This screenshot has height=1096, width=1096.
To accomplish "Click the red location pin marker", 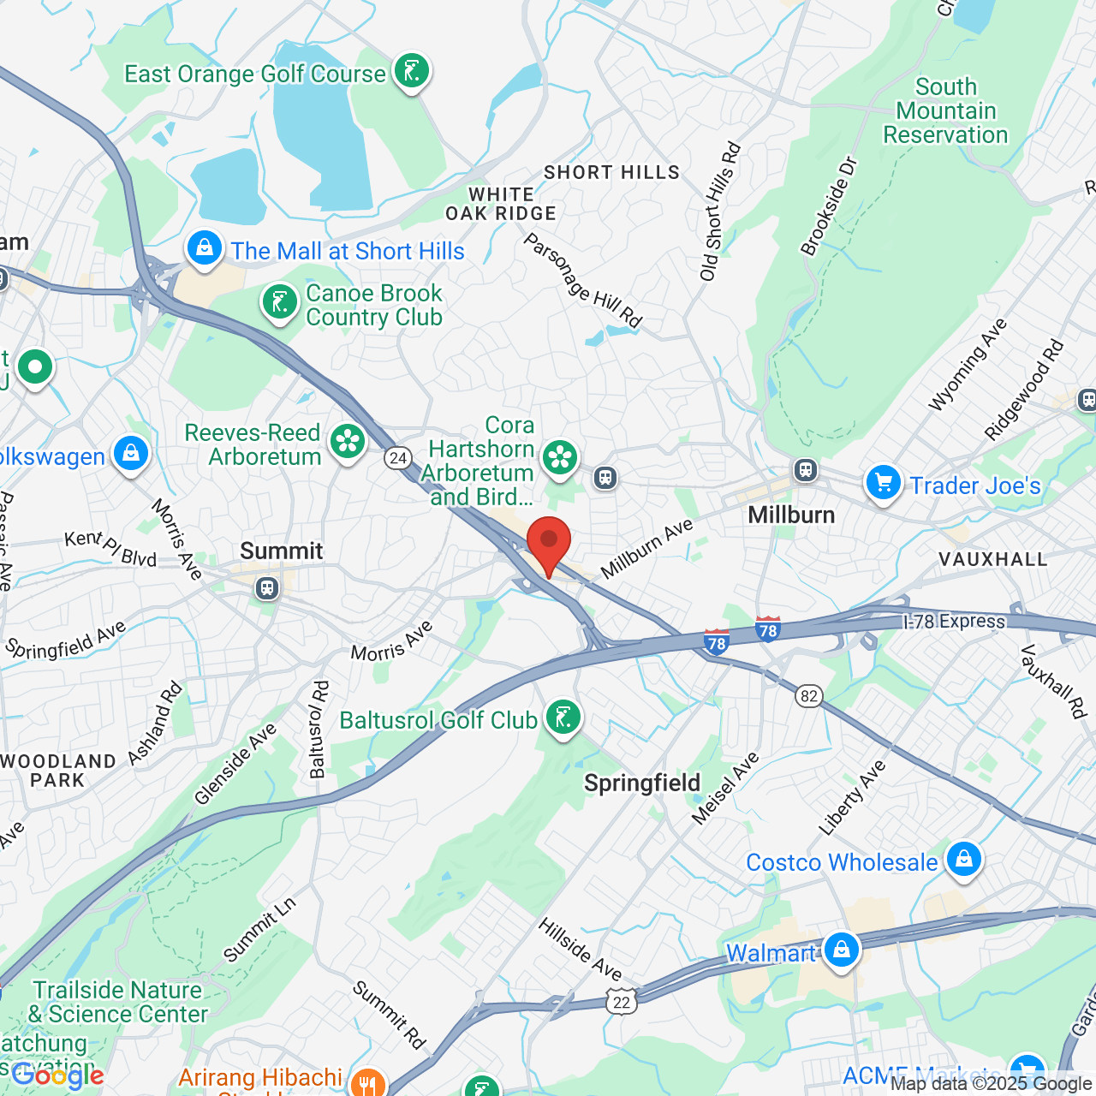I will (549, 543).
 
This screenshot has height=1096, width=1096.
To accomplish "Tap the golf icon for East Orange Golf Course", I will (412, 72).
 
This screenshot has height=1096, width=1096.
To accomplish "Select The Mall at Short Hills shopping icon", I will (205, 249).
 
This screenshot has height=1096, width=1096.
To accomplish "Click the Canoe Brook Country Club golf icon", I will (280, 302).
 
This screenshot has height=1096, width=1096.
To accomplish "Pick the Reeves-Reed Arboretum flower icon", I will (348, 442).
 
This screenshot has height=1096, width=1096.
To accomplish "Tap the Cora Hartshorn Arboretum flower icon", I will (560, 457).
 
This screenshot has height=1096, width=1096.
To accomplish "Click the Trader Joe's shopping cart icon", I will (883, 483).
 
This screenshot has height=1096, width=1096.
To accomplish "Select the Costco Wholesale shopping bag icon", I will (964, 859).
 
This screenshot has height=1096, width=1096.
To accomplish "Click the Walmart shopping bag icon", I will (842, 950).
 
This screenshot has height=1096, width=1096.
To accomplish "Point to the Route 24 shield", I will (397, 458).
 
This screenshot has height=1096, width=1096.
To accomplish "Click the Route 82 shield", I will (809, 695).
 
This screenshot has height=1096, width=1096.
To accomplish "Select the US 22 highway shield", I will (622, 1002).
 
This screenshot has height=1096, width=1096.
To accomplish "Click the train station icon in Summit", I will (268, 588).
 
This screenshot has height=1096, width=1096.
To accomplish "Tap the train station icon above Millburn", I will (805, 469).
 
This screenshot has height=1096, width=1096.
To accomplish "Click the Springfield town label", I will (642, 783).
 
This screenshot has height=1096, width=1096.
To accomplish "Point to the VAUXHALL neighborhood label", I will (992, 559).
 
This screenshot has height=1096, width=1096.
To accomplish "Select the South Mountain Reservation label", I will (945, 111).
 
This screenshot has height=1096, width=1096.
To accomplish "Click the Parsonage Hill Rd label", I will (582, 281).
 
